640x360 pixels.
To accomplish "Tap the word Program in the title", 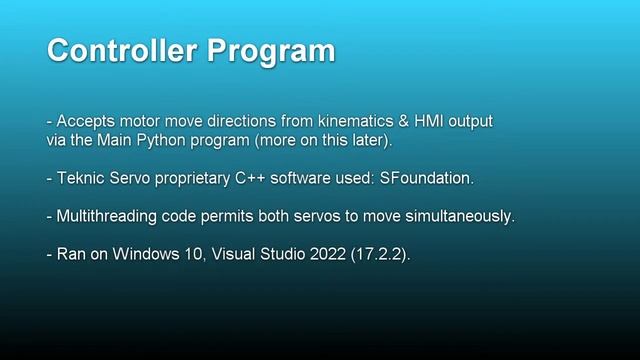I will click(270, 51).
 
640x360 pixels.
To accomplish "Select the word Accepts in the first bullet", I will click(85, 122).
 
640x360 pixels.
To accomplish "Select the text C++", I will click(258, 179).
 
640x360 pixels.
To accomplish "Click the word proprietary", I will click(197, 179).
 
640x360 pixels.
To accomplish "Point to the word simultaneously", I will click(459, 217).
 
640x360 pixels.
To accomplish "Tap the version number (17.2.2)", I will click(379, 255).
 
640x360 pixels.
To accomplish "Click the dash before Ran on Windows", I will click(49, 255).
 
